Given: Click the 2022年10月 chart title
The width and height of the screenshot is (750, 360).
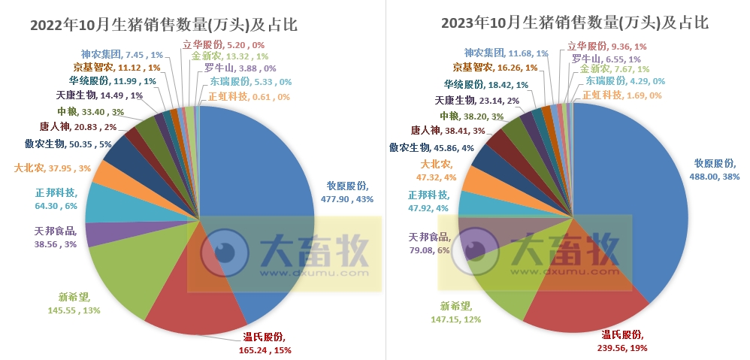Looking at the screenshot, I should click(163, 25).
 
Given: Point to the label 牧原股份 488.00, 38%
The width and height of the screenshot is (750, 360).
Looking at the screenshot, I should click(716, 169).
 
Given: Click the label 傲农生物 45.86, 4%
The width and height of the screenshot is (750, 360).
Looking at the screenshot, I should click(432, 149).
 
